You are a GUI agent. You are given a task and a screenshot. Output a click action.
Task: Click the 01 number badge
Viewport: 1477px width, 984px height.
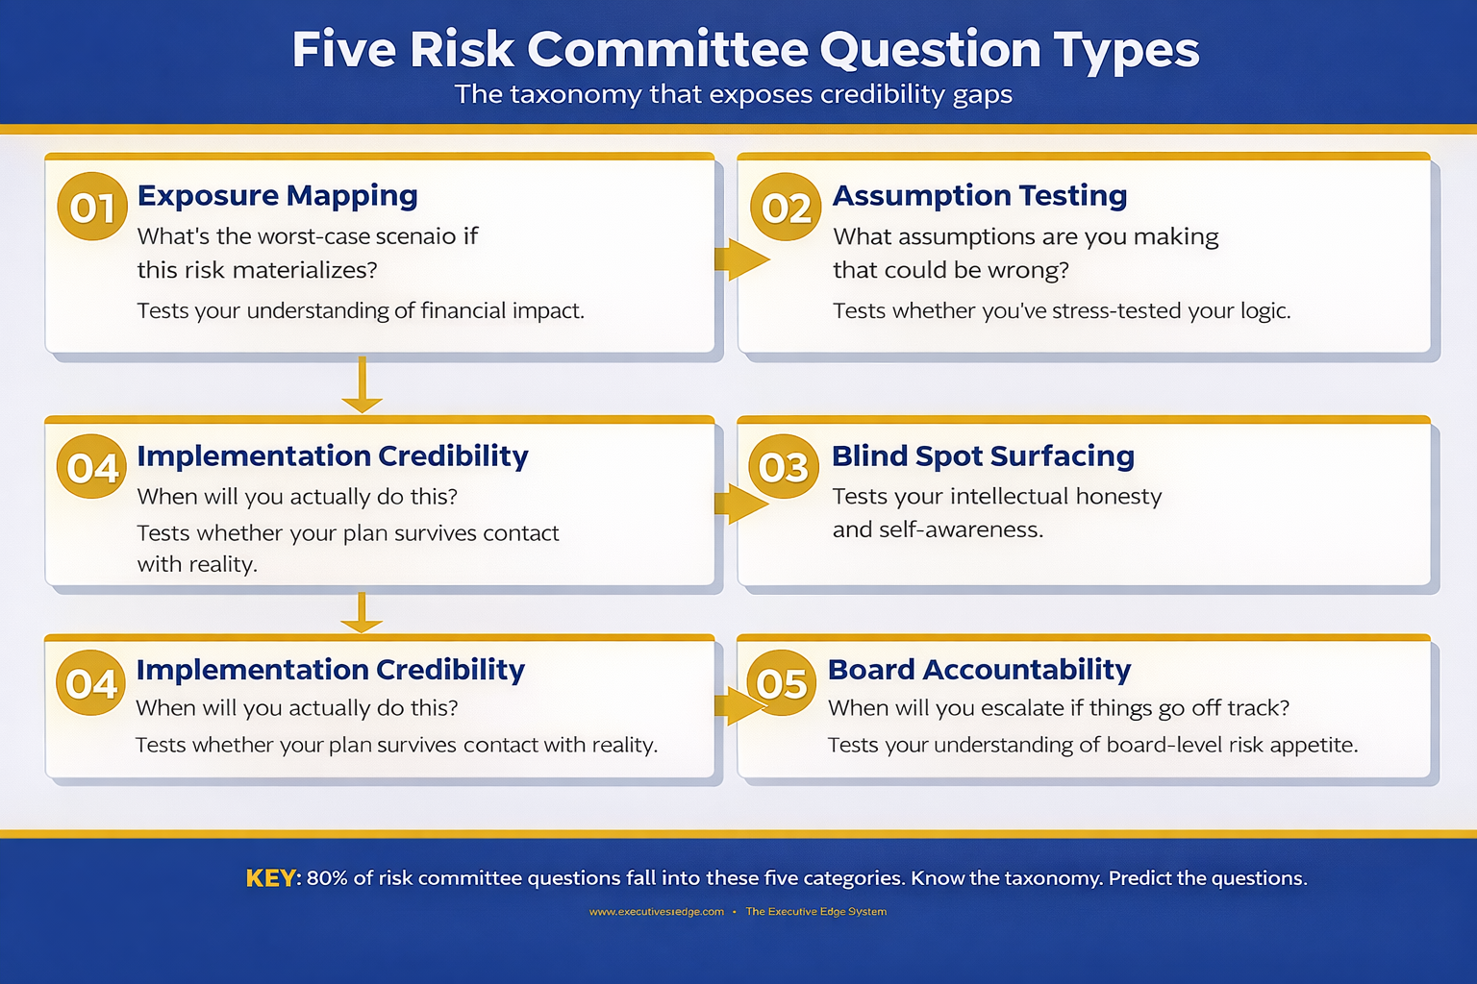tap(92, 207)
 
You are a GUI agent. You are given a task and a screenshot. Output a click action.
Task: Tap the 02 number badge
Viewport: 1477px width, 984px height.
tap(786, 207)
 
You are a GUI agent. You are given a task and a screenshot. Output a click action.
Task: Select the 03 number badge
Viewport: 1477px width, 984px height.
tap(783, 466)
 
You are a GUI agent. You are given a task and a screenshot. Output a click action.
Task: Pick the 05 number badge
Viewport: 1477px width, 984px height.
tap(780, 683)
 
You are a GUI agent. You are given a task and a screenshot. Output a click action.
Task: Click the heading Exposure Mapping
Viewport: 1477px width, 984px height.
tap(277, 195)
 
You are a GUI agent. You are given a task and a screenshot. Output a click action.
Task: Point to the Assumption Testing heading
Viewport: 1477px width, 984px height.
tap(979, 195)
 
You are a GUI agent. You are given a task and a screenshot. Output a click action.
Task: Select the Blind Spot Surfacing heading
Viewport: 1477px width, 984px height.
tap(983, 455)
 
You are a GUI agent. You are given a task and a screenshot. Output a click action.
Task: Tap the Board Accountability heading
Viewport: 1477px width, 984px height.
tap(979, 669)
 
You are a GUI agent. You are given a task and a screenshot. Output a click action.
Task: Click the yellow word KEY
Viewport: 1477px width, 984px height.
tap(271, 878)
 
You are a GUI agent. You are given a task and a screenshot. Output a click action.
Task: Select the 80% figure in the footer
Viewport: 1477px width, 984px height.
tap(327, 878)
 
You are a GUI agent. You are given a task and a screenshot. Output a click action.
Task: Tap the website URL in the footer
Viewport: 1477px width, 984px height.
tap(656, 912)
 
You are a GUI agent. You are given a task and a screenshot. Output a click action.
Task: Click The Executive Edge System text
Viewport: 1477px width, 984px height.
tap(816, 912)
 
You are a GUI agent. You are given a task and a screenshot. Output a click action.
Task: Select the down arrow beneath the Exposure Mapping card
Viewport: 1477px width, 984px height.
tap(362, 385)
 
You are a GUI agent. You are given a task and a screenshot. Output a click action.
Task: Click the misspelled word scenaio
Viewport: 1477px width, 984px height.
tap(413, 236)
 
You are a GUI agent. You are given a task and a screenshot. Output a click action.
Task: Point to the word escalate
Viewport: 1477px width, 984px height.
tap(1019, 708)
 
